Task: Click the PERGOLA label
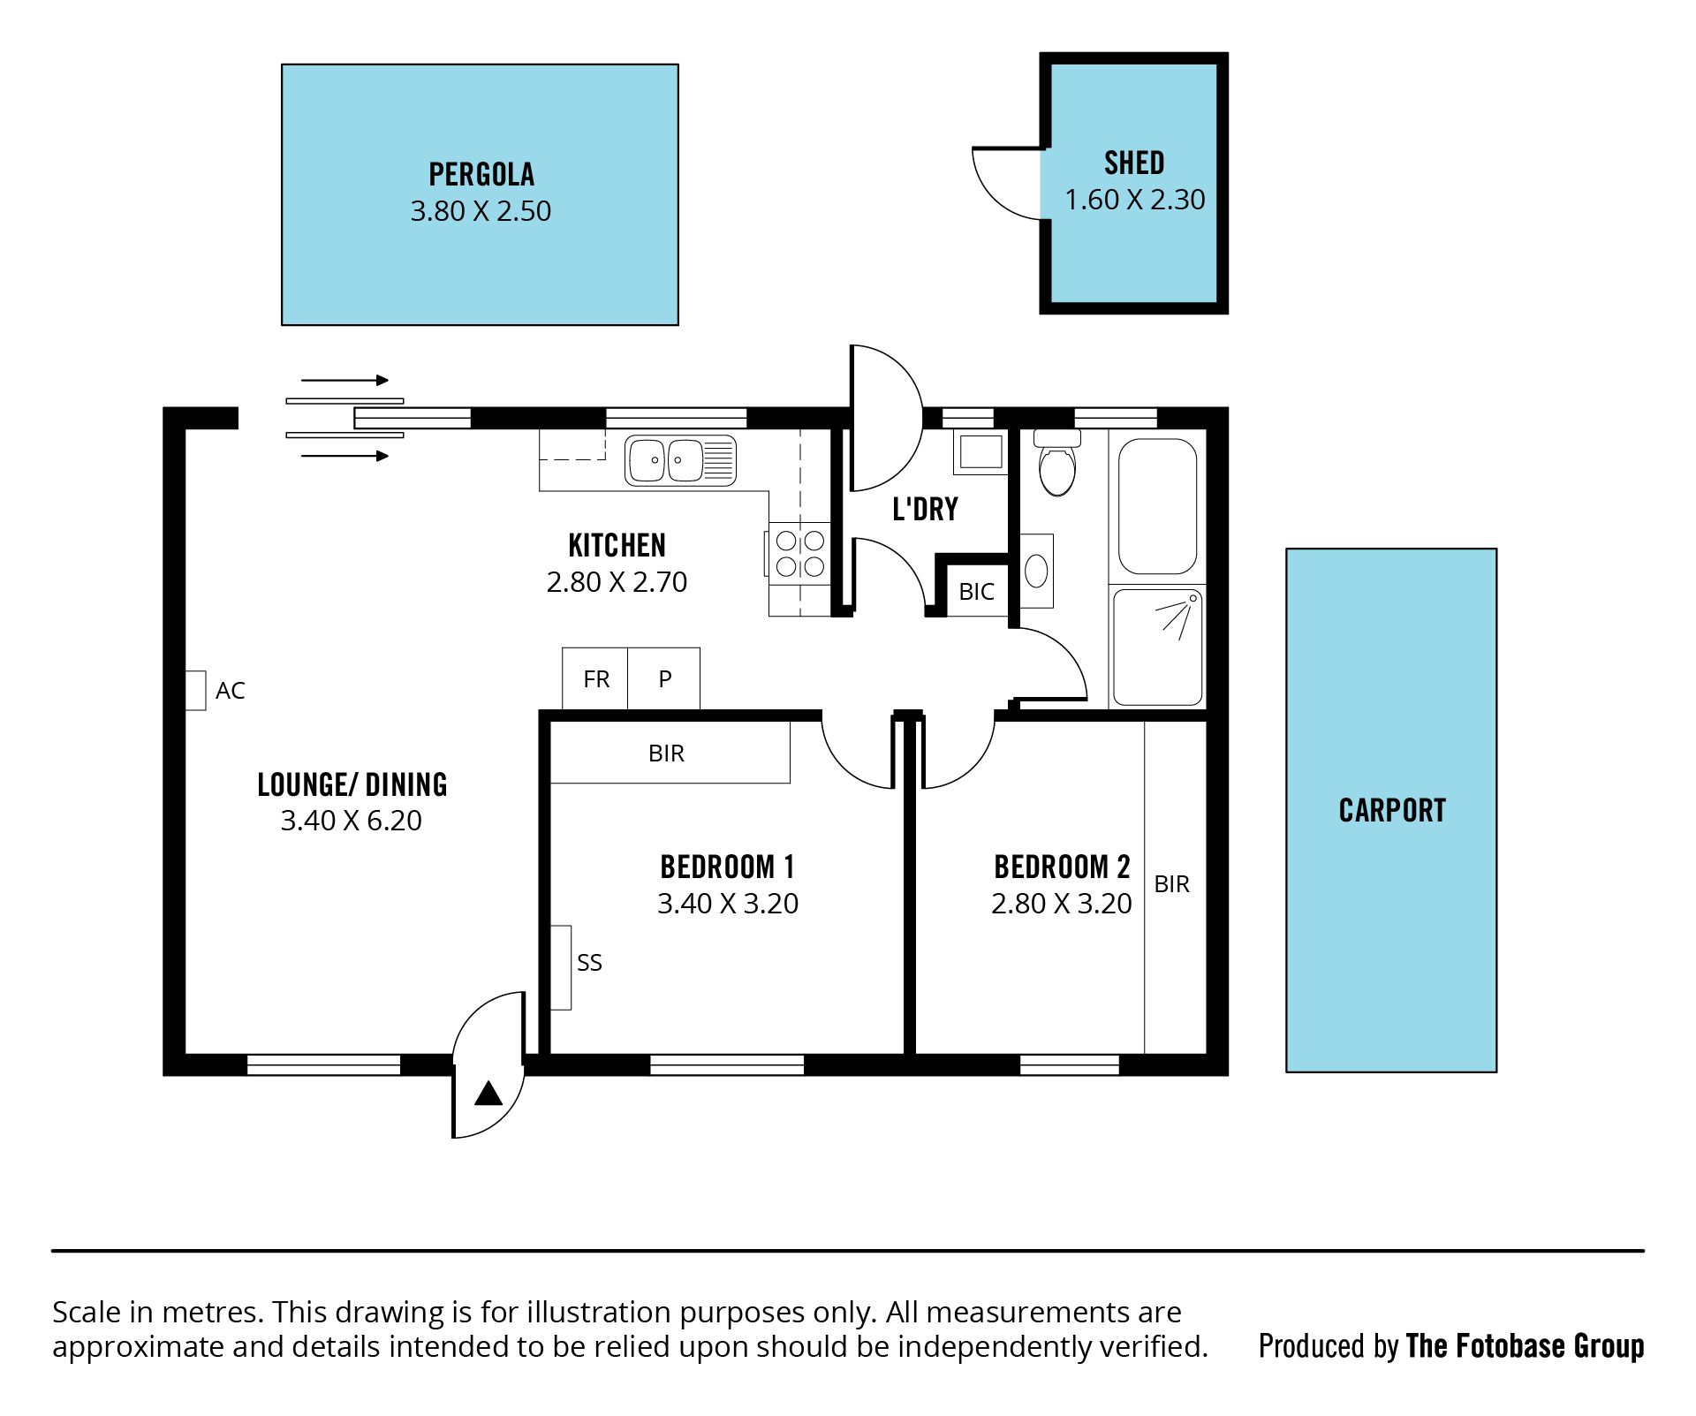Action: tap(481, 174)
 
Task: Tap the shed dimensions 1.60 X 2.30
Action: tap(1134, 200)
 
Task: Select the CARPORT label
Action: tap(1392, 811)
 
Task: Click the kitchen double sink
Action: tap(680, 460)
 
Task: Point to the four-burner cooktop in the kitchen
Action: tap(800, 553)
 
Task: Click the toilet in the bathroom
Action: tap(1057, 463)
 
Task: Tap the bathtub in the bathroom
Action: tap(1158, 507)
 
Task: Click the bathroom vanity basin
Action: tap(1036, 571)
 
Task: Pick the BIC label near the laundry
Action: tap(976, 592)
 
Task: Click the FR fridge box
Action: tap(595, 678)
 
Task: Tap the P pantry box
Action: tap(664, 678)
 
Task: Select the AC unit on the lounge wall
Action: tap(195, 690)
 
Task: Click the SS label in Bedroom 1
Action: tap(589, 963)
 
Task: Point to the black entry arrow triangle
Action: tap(488, 1094)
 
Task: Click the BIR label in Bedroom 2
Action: tap(1172, 884)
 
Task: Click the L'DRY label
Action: tap(925, 510)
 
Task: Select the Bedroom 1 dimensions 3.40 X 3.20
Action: tap(728, 904)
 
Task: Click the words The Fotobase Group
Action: tap(1525, 1346)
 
